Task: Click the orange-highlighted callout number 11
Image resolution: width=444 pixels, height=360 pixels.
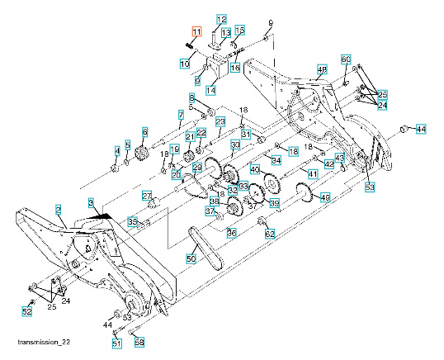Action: [x=196, y=31]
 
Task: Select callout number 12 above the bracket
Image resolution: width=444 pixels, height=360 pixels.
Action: [x=220, y=19]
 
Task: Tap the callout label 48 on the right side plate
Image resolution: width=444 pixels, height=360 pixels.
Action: [x=321, y=69]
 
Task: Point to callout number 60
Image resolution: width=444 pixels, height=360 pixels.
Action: [x=347, y=59]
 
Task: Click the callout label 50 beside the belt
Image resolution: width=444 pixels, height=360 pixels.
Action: [x=191, y=258]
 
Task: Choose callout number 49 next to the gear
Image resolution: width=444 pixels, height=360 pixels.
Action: [x=324, y=197]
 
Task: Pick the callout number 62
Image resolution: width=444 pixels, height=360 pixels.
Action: [x=269, y=234]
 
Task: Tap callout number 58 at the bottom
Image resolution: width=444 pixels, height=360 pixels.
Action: [x=139, y=342]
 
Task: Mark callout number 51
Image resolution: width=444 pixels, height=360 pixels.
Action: [x=116, y=343]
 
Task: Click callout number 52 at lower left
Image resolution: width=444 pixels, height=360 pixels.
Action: [x=26, y=311]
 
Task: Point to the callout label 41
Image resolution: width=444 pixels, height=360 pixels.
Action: [x=312, y=173]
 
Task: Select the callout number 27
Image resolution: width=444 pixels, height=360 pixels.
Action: [x=148, y=196]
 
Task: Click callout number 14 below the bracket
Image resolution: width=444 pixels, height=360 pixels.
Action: [x=210, y=90]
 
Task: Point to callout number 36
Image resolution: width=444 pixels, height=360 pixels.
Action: [x=231, y=234]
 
